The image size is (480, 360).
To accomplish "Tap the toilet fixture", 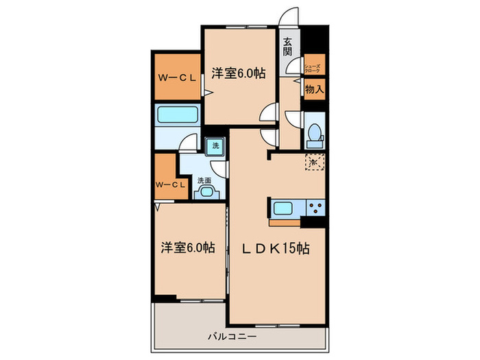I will click(x=315, y=134).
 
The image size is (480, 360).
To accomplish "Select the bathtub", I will click(x=176, y=115).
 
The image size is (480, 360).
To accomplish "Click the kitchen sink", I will click(x=284, y=208).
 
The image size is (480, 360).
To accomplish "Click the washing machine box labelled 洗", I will click(x=215, y=145).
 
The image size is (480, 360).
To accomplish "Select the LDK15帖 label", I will click(x=275, y=250).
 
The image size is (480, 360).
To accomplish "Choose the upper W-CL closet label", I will click(x=174, y=77).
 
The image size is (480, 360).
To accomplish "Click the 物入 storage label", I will click(x=314, y=89).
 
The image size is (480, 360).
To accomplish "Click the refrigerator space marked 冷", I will click(x=313, y=163).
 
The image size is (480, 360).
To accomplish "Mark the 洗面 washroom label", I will click(x=204, y=180).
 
